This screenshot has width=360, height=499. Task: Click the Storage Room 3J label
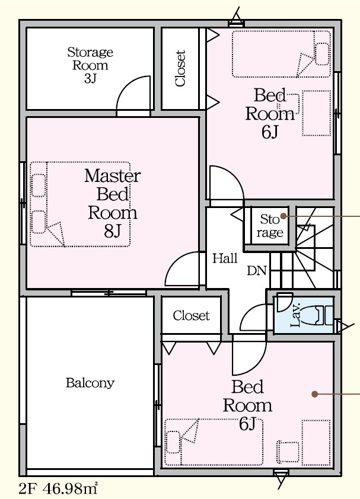[90, 65]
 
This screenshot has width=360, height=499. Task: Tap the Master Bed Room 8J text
[113, 203]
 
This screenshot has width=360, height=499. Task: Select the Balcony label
[90, 382]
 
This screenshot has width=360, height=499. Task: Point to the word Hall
[225, 258]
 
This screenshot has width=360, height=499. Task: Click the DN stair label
[257, 270]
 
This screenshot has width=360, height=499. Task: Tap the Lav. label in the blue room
[296, 315]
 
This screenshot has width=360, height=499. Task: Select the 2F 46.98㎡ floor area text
[58, 488]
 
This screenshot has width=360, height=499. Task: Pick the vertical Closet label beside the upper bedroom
[180, 68]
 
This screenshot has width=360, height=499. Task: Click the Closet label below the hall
[191, 316]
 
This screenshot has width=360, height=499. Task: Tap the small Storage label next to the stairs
[270, 226]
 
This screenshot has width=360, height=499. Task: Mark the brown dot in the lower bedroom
[315, 394]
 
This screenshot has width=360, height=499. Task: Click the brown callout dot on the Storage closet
[283, 216]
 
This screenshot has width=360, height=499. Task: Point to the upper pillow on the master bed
[39, 185]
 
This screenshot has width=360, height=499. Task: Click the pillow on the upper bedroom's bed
[322, 53]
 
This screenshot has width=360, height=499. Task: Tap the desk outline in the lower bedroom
[316, 443]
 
